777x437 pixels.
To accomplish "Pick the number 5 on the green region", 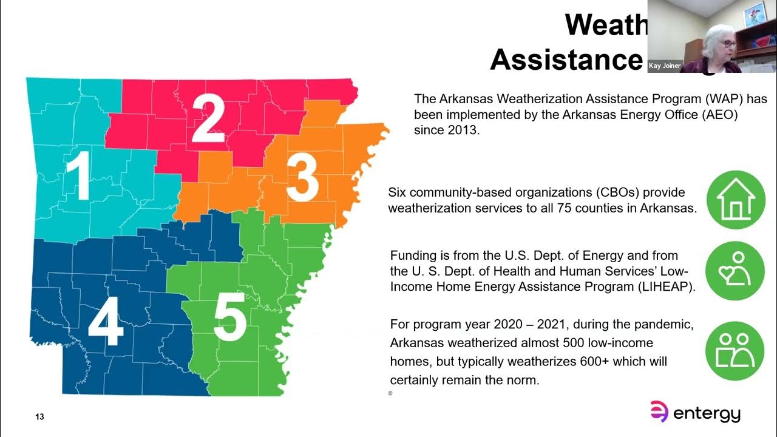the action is [x=230, y=316].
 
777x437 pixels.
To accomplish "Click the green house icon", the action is [x=736, y=200].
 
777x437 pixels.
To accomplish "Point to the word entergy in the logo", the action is [x=708, y=415].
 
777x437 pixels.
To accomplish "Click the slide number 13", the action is [x=39, y=417].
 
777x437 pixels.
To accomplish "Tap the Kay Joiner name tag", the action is [x=665, y=66].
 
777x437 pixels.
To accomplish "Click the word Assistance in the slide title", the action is [x=566, y=59].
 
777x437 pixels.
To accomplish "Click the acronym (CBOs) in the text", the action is [x=612, y=192].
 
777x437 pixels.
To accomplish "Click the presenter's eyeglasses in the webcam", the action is [x=728, y=44].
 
